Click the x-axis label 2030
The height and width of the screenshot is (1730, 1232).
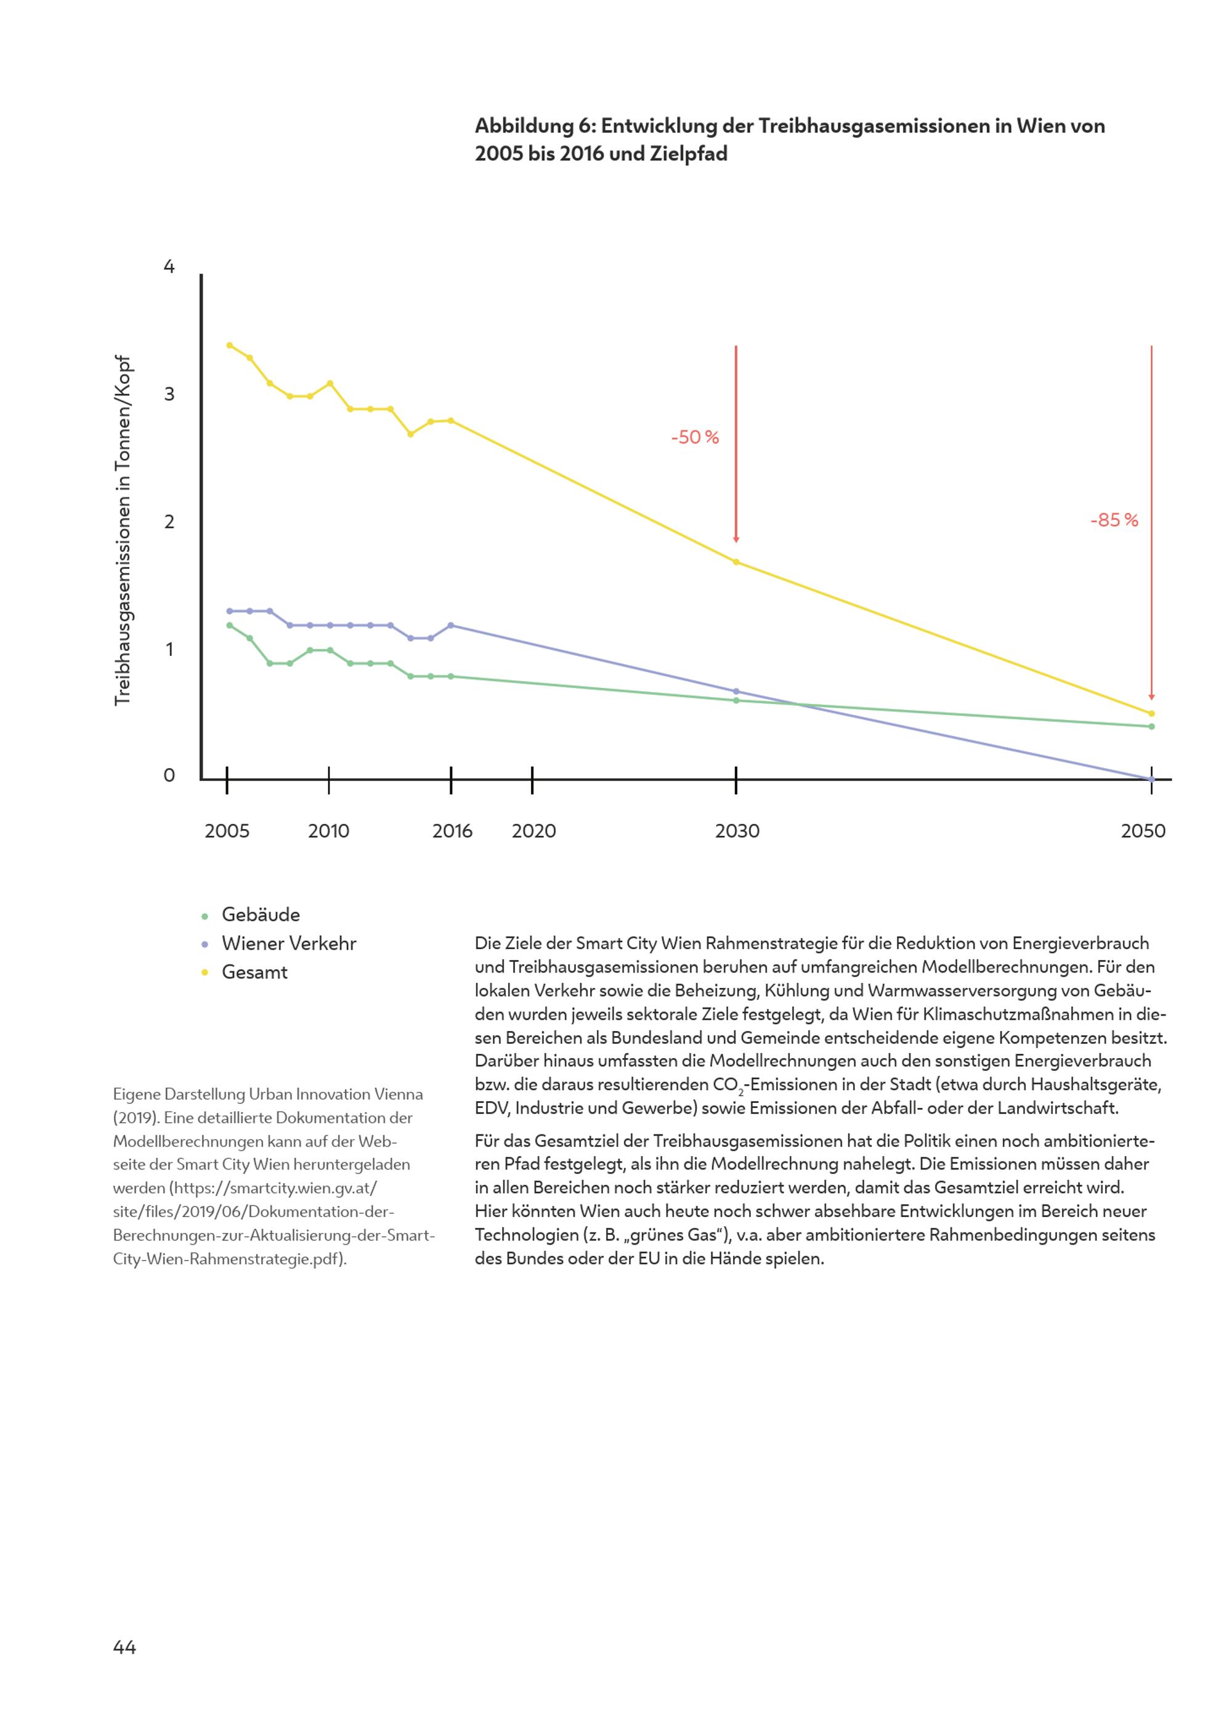[737, 831]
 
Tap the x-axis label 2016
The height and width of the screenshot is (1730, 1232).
[452, 831]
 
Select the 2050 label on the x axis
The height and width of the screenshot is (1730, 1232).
[1143, 831]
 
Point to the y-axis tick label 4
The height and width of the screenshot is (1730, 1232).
[169, 267]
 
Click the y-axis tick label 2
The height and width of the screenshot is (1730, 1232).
[169, 522]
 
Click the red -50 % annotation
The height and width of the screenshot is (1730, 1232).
[694, 438]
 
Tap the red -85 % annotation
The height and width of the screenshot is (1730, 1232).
[1114, 520]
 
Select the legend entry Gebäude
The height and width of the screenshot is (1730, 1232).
[260, 915]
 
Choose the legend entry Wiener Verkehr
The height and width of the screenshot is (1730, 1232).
[288, 944]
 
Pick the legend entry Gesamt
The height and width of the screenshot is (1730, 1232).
[254, 972]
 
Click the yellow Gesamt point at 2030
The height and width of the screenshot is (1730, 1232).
[736, 562]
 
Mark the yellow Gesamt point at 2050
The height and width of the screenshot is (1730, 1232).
[1151, 714]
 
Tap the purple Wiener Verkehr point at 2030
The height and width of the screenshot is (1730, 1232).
[736, 692]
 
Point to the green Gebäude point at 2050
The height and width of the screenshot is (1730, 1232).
[1151, 727]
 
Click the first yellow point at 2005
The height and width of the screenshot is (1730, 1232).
[230, 345]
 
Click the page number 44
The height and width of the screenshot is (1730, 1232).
[124, 1647]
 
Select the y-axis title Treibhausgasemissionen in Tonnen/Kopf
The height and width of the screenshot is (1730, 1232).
[123, 531]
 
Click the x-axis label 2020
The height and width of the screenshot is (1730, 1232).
[533, 831]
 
